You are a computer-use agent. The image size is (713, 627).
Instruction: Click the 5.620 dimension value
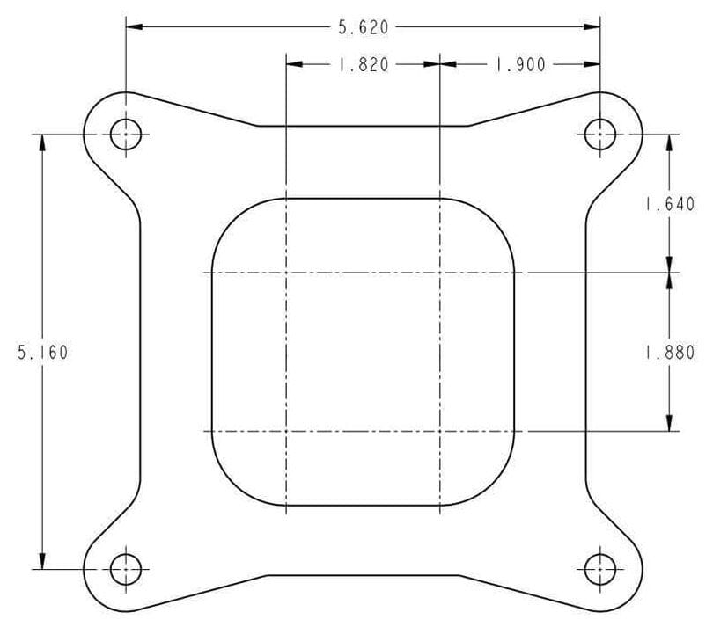[x=364, y=27]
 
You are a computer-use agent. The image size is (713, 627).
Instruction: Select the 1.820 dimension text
[x=364, y=65]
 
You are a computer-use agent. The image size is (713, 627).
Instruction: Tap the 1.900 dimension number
[x=520, y=65]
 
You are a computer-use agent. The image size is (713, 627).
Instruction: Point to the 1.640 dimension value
[x=670, y=205]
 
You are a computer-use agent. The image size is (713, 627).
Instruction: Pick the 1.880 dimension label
[x=670, y=353]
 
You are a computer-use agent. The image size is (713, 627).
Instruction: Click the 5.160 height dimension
[x=42, y=353]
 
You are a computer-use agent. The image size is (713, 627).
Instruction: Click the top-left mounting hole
[x=126, y=135]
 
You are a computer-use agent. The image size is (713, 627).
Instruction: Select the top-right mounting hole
[x=600, y=135]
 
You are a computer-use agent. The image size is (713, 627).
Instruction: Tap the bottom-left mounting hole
[x=126, y=569]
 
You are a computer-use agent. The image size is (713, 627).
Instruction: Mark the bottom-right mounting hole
[x=600, y=569]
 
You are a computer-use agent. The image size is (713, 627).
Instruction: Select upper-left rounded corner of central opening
[x=232, y=218]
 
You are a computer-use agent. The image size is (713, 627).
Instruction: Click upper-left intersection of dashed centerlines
[x=287, y=273]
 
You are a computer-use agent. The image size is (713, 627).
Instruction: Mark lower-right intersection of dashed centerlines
[x=439, y=431]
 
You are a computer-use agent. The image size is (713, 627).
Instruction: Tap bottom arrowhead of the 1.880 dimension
[x=670, y=423]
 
